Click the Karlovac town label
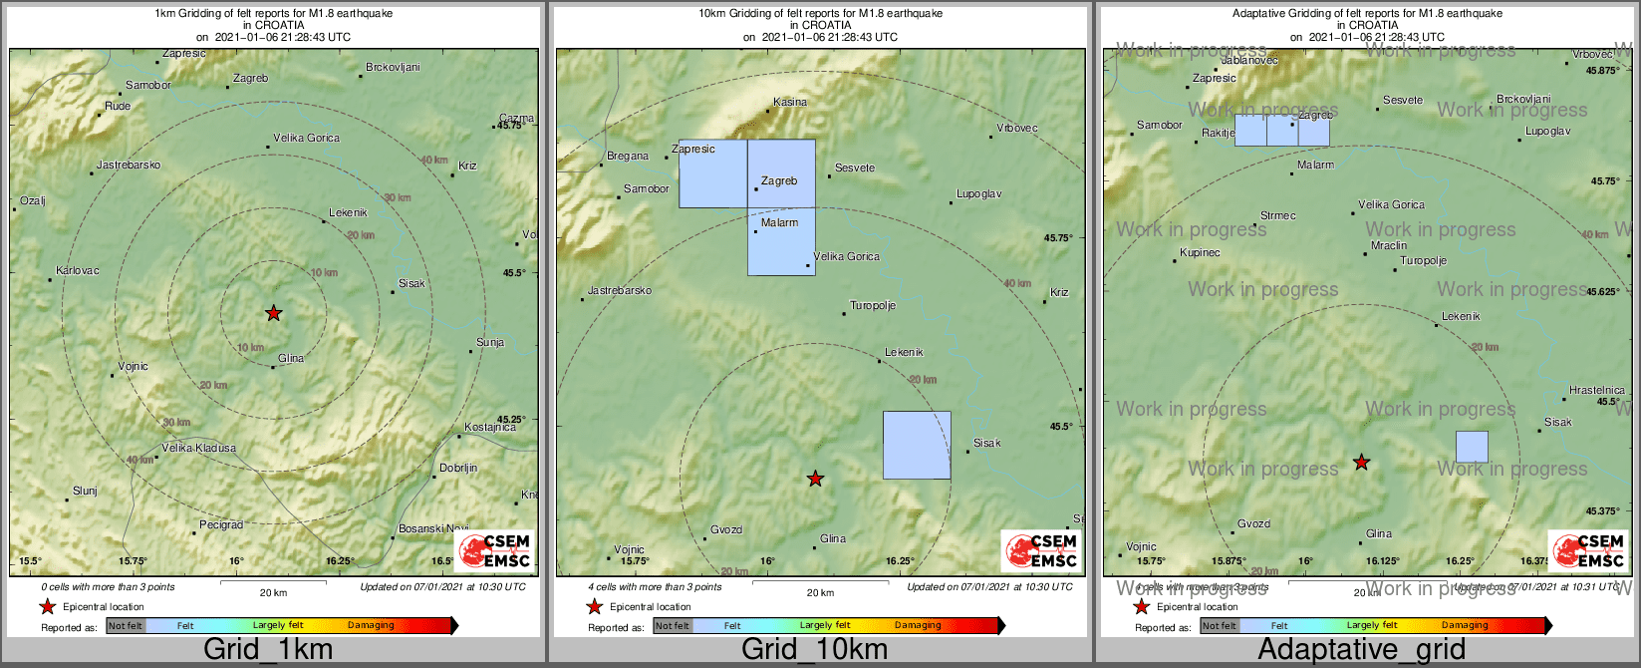pos(78,270)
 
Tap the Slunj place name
pos(85,491)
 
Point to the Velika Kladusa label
pos(199,448)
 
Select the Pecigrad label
pos(221,524)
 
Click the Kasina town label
pos(790,102)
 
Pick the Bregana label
pos(627,156)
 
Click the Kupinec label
pos(1200,252)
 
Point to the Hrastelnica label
pos(1596,390)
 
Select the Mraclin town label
pos(1389,245)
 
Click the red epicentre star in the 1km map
pos(274,313)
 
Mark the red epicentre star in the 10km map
pos(815,479)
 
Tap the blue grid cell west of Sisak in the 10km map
pos(917,445)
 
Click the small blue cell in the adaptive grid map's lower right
pos(1472,447)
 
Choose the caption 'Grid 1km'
pos(268,650)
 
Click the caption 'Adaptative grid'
pos(1361,650)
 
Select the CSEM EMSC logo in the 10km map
pos(1041,550)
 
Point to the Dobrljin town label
pos(458,468)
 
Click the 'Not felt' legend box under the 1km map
pos(126,626)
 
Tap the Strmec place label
pos(1278,215)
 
